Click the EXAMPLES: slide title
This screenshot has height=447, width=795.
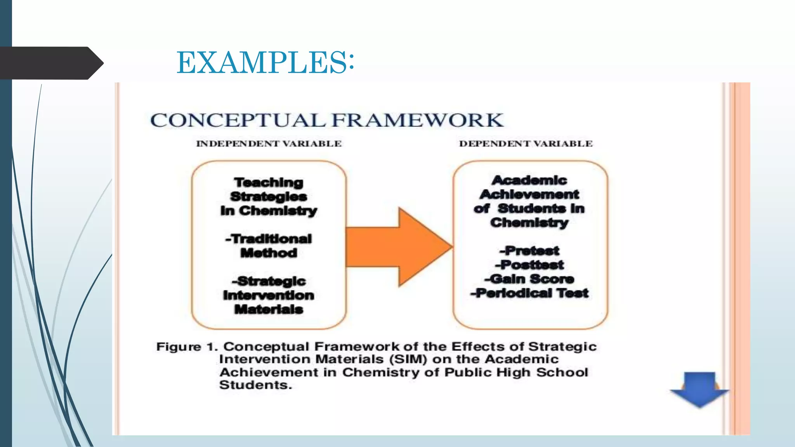coord(265,62)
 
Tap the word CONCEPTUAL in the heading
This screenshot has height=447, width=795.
coord(238,120)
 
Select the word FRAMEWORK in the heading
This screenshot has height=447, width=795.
coord(418,120)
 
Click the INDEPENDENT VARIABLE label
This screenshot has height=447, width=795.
coord(269,144)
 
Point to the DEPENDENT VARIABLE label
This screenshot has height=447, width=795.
coord(526,144)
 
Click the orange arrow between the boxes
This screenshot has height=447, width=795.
coord(400,247)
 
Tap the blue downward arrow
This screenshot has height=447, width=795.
coord(699,389)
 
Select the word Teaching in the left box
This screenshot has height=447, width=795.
coord(269,182)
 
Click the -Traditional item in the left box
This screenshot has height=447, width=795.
coord(269,239)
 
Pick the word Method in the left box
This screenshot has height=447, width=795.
coord(269,253)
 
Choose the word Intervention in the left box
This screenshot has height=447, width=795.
coord(269,295)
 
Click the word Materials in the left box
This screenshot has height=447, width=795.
coord(269,309)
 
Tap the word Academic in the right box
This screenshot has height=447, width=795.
coord(529,180)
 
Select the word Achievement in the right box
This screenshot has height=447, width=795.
coord(529,194)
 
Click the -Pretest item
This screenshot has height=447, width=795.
coord(529,251)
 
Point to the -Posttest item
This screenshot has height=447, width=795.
coord(529,265)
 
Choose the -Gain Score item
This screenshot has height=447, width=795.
coord(529,279)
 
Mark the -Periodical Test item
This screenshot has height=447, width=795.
coord(529,293)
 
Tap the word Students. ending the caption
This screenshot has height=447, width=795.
coord(255,385)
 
